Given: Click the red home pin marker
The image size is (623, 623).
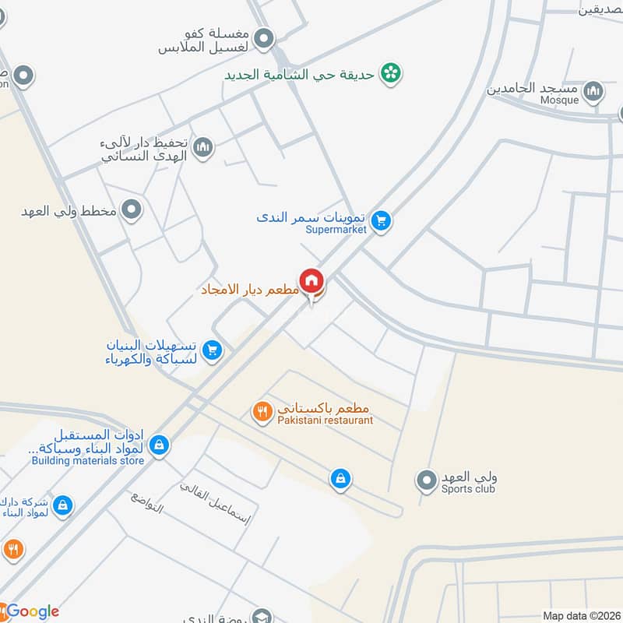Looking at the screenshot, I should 312,280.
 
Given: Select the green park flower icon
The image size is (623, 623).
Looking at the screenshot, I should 391,74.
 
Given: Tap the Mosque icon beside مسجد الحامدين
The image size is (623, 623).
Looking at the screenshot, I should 594,93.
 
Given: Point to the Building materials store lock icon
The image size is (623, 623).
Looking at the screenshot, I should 159,445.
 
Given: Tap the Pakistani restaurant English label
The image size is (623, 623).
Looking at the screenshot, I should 325,421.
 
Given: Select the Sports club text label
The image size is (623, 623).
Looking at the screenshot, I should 468,489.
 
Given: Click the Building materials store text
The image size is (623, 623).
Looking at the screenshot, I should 88,460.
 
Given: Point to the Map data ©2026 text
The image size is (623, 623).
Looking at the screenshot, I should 581,616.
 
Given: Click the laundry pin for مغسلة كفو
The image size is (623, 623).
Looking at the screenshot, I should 265,37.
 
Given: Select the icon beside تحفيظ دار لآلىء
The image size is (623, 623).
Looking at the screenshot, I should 203,146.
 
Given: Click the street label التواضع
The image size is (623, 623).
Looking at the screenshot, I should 147,504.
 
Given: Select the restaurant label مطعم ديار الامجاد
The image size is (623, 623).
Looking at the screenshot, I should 251,290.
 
